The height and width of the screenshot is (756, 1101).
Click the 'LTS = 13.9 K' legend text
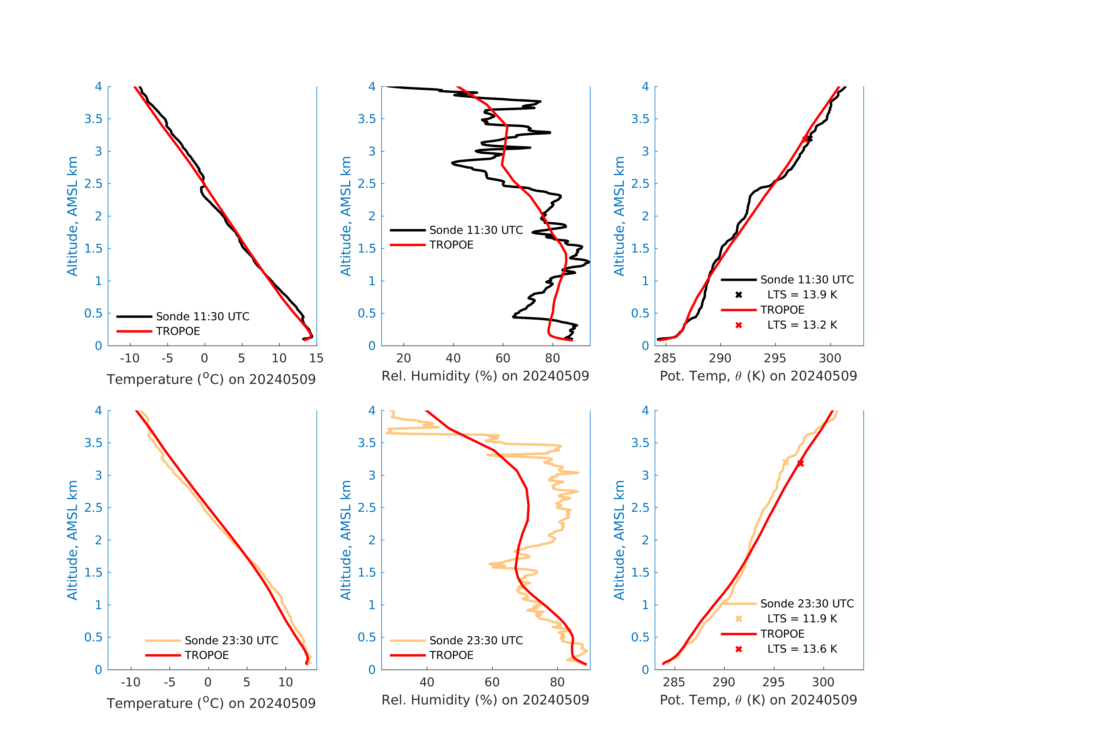(802, 295)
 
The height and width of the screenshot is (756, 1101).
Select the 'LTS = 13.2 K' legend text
(802, 325)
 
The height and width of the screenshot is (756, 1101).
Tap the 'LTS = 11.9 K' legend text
(802, 619)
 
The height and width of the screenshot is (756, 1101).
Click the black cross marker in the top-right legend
(739, 295)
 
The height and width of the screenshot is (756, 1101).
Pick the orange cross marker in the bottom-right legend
(739, 619)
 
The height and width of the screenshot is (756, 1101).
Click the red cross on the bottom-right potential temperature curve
(800, 463)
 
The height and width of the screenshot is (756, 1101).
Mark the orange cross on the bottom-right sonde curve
(786, 462)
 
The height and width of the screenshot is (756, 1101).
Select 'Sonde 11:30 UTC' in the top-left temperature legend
(202, 316)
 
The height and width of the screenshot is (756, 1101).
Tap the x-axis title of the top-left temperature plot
(211, 379)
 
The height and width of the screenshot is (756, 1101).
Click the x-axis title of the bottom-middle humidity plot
(485, 700)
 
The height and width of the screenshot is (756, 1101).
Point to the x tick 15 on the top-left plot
(316, 358)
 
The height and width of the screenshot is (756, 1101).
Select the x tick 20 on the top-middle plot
(404, 358)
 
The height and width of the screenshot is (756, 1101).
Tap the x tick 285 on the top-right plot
(665, 358)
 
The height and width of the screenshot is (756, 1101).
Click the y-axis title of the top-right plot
(619, 216)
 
